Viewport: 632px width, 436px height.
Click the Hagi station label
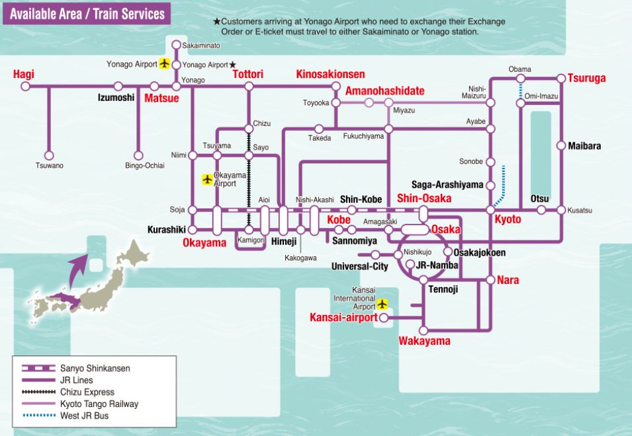(23, 74)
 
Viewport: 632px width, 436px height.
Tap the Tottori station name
(248, 74)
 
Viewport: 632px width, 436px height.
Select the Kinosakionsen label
(330, 74)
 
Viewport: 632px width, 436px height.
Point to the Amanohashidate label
(385, 91)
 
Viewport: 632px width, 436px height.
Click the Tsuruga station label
(586, 78)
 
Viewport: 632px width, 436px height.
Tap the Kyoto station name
(508, 219)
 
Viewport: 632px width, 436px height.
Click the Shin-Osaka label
(424, 198)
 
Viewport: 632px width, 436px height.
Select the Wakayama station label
(424, 341)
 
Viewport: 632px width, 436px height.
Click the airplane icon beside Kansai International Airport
(383, 304)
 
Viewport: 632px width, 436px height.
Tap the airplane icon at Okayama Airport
(206, 179)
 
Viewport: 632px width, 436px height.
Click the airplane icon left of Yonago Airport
(165, 64)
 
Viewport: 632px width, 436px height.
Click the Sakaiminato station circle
(176, 46)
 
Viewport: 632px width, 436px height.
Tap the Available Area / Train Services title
(87, 14)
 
